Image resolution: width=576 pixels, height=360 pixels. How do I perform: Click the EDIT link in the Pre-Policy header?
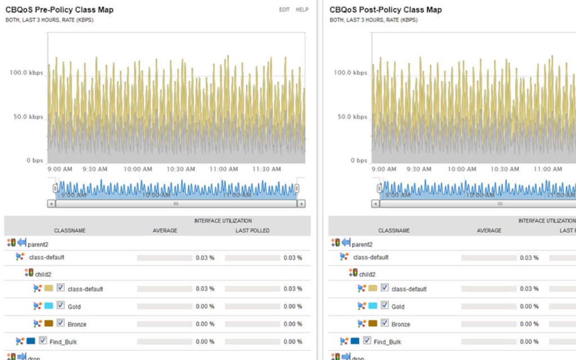(x=284, y=10)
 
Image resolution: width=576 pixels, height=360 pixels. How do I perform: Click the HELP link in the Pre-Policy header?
(x=302, y=10)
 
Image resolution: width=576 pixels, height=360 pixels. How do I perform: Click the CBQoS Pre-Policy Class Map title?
(x=59, y=10)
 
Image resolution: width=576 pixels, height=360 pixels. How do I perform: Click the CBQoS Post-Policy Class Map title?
(x=385, y=10)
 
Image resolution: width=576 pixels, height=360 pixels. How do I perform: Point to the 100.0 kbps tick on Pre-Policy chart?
(x=26, y=73)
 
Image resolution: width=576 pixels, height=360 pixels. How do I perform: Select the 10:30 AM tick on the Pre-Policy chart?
(x=181, y=169)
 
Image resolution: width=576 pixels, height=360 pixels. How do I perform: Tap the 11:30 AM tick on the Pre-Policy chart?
(x=266, y=169)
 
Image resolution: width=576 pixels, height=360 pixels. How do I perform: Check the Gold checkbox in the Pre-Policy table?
(x=61, y=306)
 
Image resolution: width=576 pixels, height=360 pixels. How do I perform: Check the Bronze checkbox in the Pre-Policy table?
(x=61, y=323)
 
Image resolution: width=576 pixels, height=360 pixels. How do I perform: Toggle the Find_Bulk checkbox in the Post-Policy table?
(x=367, y=341)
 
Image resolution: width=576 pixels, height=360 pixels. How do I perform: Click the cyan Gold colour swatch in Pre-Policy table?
(x=49, y=306)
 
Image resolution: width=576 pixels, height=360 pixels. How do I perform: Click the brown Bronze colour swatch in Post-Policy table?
(x=373, y=323)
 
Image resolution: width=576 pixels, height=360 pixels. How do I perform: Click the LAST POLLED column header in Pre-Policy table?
(x=252, y=231)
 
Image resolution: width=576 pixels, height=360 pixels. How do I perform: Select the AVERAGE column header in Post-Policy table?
(x=489, y=231)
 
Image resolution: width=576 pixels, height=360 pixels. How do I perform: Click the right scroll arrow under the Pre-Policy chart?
(x=301, y=204)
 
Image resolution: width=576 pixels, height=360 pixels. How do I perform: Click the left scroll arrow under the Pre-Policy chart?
(x=51, y=204)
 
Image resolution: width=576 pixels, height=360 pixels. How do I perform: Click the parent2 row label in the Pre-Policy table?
(x=38, y=245)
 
